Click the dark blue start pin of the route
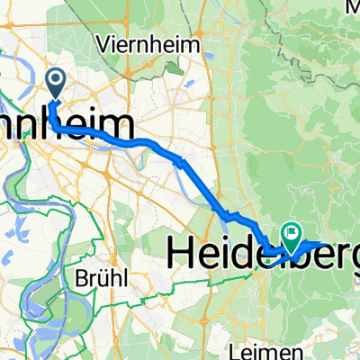(x=56, y=85)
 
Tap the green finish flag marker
(x=292, y=237)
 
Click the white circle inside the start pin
(x=56, y=82)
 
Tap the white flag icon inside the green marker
(x=292, y=235)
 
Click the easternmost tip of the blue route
(x=325, y=244)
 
